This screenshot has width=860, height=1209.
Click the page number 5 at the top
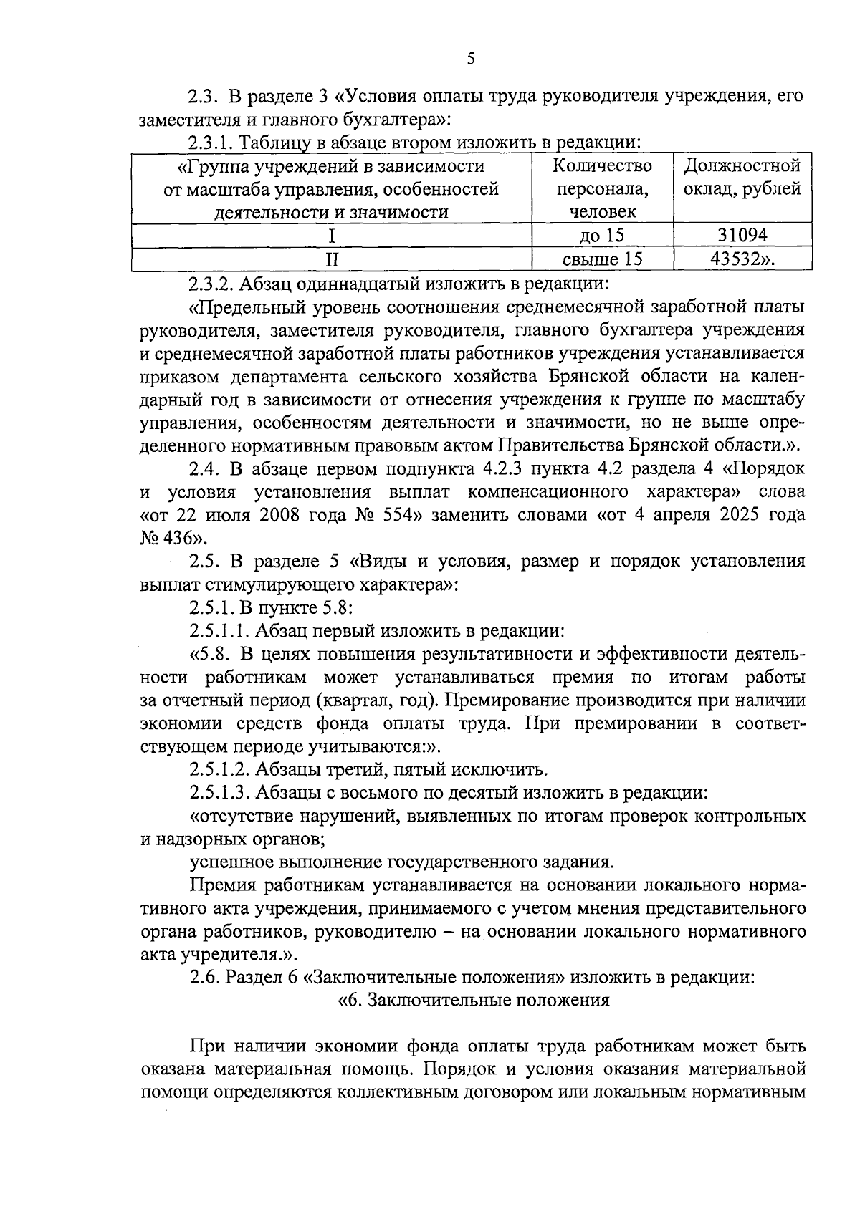pyautogui.click(x=470, y=59)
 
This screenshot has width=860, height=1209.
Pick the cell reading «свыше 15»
pyautogui.click(x=602, y=259)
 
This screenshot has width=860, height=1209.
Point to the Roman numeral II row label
pyautogui.click(x=331, y=259)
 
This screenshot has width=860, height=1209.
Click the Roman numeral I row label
pyautogui.click(x=331, y=235)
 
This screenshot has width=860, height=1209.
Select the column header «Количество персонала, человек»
pyautogui.click(x=602, y=188)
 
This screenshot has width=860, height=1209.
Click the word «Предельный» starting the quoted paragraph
pyautogui.click(x=244, y=307)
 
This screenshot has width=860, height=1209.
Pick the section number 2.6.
pyautogui.click(x=204, y=978)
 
